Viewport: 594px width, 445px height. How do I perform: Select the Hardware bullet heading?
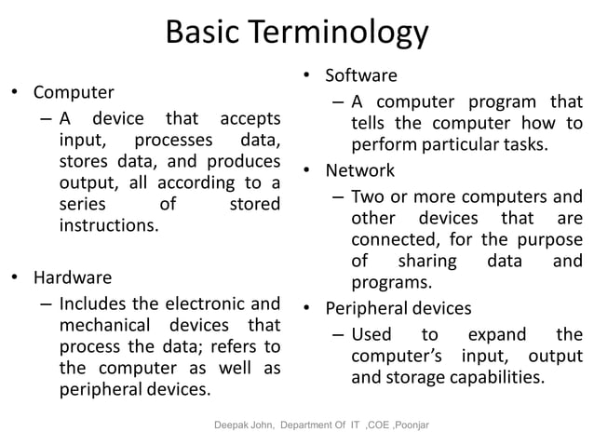[x=73, y=277]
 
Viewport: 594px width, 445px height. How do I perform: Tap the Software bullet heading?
[x=361, y=75]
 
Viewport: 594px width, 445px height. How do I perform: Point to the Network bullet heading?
[x=359, y=170]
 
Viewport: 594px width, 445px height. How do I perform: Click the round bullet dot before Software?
[x=309, y=76]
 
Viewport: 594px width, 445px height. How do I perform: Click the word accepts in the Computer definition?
[x=249, y=118]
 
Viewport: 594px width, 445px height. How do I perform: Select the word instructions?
[x=108, y=225]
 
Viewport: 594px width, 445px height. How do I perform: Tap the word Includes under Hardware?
[x=90, y=303]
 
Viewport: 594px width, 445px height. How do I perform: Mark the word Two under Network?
[x=367, y=196]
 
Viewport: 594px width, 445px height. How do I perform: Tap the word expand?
[x=495, y=334]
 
